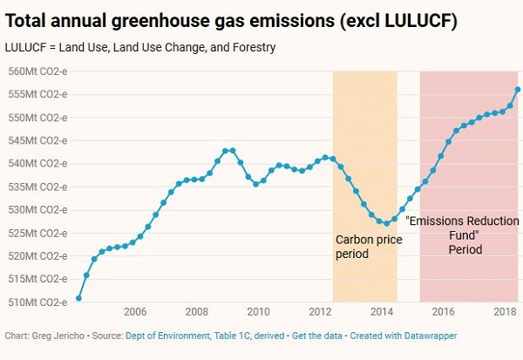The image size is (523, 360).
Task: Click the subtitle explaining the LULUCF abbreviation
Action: point(140,47)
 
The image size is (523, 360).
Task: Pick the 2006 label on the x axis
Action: point(134,312)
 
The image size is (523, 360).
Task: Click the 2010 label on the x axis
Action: point(257,312)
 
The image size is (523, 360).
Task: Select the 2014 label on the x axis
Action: point(381,312)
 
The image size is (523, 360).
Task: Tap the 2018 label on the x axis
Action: point(503,312)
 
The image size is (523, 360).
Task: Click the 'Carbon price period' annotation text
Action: point(364,247)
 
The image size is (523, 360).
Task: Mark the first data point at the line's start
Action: point(78,298)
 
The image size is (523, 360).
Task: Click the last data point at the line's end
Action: point(518,89)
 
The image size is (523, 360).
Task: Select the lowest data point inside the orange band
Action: point(386,223)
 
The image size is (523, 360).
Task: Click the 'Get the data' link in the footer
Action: point(318,336)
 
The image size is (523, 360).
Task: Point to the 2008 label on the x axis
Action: point(196,312)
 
